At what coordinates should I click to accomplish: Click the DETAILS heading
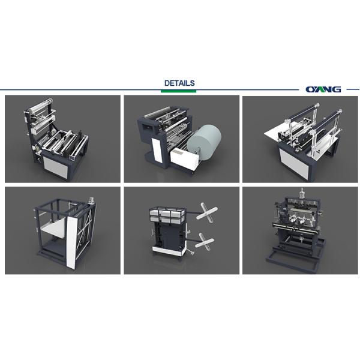pyautogui.click(x=179, y=83)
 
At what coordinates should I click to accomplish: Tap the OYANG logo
pyautogui.click(x=323, y=89)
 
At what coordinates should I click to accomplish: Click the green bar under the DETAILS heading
pyautogui.click(x=178, y=91)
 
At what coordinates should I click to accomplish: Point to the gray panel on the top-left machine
pyautogui.click(x=56, y=167)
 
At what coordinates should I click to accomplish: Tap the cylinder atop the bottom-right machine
pyautogui.click(x=301, y=193)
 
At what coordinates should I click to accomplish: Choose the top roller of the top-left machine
pyautogui.click(x=40, y=106)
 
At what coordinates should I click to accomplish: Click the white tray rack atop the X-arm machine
pyautogui.click(x=167, y=215)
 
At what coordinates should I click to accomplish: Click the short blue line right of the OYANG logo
pyautogui.click(x=353, y=89)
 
